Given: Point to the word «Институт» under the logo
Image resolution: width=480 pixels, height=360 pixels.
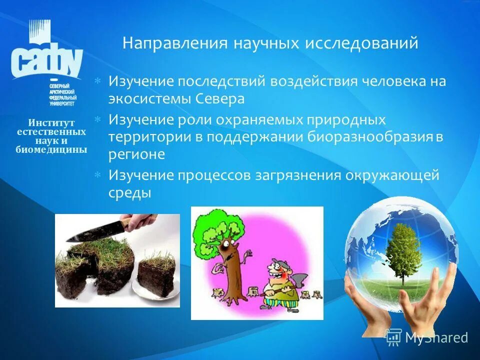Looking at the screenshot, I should coord(51,122).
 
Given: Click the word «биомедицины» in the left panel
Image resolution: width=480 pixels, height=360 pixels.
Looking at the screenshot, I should coord(51,149).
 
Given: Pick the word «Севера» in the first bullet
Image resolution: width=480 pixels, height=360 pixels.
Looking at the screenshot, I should coord(218,98).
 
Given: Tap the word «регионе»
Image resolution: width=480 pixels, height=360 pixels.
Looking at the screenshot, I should coord(136,154).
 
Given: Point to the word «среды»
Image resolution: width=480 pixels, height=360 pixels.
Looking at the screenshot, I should coord(129,192).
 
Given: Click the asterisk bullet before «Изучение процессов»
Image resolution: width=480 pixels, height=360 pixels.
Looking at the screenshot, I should coord(98,174).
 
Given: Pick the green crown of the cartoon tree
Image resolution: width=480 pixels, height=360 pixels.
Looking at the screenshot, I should coord(220,225).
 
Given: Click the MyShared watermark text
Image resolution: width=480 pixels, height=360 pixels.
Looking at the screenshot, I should coord(436,338).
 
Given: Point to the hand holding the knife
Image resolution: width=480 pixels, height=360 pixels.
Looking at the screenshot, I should coord(141,222).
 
